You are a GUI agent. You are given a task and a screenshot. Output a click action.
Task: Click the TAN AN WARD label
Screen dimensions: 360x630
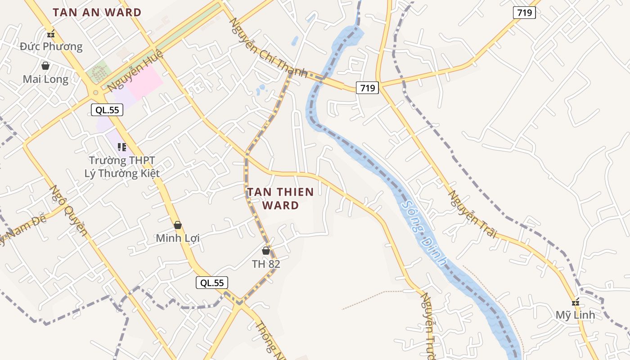97,13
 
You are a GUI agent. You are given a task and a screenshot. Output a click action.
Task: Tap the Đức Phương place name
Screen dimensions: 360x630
51,46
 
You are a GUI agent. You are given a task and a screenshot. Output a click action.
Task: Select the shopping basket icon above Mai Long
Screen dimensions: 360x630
45,66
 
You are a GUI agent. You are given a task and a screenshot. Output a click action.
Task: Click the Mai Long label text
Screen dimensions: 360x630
45,80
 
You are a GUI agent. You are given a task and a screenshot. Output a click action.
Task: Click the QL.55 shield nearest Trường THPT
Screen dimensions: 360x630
107,109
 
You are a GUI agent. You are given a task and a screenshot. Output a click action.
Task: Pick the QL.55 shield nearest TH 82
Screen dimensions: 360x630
212,283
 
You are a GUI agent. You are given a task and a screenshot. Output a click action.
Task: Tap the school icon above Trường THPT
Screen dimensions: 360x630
121,147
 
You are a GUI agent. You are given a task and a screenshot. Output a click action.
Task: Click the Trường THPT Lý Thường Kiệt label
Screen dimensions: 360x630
122,166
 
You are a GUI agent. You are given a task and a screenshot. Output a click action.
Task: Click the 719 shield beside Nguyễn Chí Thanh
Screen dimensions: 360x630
367,88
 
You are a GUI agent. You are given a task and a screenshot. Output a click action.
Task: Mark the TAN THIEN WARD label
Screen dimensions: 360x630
280,198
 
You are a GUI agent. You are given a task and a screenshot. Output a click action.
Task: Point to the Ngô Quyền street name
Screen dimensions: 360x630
68,210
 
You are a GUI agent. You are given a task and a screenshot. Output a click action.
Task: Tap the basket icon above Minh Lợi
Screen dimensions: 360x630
178,225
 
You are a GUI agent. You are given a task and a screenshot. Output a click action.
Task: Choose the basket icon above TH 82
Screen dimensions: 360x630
266,251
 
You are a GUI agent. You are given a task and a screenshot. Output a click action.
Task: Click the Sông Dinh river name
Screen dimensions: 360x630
425,233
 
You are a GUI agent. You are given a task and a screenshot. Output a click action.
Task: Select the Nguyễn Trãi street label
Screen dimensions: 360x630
473,214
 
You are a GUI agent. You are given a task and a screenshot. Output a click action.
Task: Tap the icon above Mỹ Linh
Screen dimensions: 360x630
575,302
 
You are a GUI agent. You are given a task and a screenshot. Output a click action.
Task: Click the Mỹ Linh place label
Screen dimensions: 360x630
575,315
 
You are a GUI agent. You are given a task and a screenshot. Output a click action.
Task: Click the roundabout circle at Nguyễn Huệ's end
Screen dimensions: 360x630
95,93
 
